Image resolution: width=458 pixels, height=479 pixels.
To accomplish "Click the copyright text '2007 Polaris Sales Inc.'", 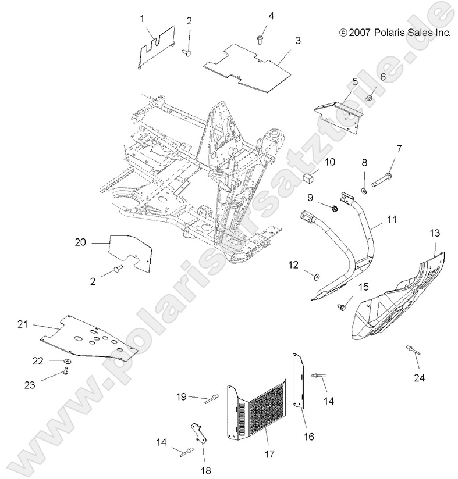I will tap(395, 33).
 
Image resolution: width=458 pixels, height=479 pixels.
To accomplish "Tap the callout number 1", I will tap(141, 19).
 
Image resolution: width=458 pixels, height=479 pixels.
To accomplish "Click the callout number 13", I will tap(435, 233).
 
